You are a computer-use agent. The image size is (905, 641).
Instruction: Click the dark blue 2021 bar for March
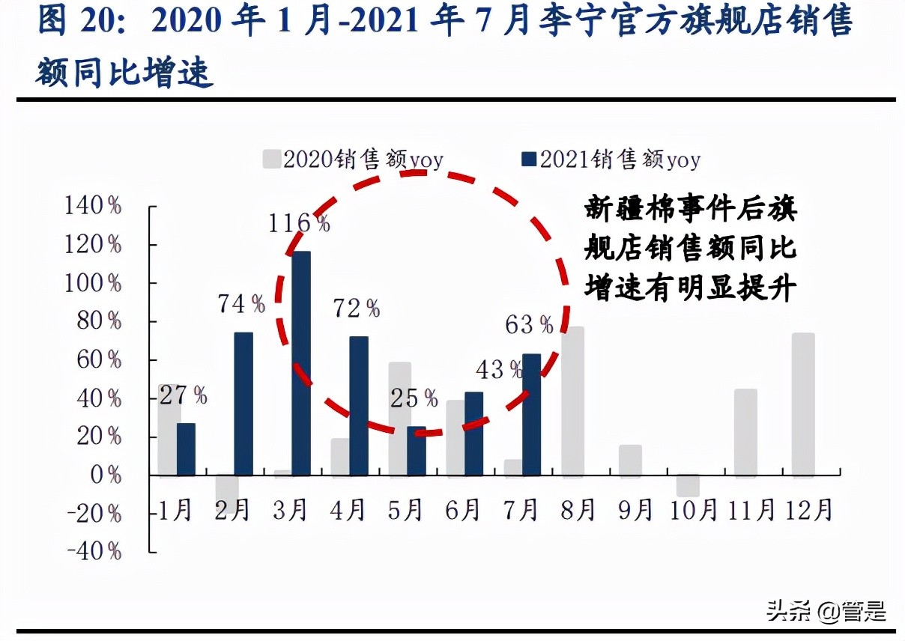[x=301, y=363]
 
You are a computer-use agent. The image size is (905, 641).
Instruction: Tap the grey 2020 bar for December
[x=802, y=404]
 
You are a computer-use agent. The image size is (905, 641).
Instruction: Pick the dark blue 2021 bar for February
[x=243, y=404]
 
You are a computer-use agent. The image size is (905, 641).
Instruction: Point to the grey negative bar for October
[x=688, y=485]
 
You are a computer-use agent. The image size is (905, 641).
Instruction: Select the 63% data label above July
[x=529, y=325]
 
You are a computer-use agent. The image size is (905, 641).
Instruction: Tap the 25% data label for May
[x=414, y=398]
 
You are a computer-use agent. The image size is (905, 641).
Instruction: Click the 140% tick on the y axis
[x=94, y=207]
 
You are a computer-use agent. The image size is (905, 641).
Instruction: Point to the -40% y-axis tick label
[x=94, y=551]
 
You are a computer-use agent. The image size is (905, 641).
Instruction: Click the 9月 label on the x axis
[x=635, y=510]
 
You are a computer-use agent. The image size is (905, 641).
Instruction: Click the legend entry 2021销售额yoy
[x=611, y=160]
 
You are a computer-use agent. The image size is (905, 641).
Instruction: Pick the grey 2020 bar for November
[x=745, y=433]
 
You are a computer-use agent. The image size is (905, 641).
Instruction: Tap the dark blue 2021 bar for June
[x=473, y=434]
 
